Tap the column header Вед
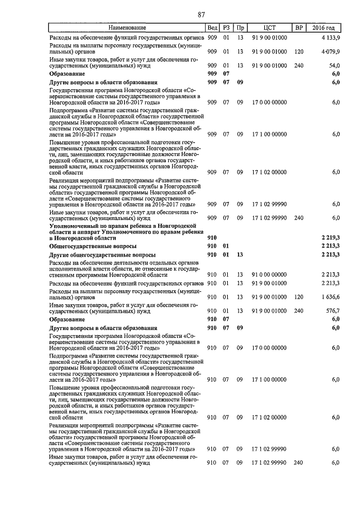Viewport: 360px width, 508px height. point(212,28)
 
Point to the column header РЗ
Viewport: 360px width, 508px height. point(226,28)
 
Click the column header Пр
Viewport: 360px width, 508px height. point(240,28)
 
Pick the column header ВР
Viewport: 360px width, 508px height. point(299,28)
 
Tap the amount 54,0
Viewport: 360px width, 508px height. point(334,66)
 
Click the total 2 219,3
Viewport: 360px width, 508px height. point(331,238)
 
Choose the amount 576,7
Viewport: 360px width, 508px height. point(332,310)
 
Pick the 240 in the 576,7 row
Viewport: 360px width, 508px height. point(299,310)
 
